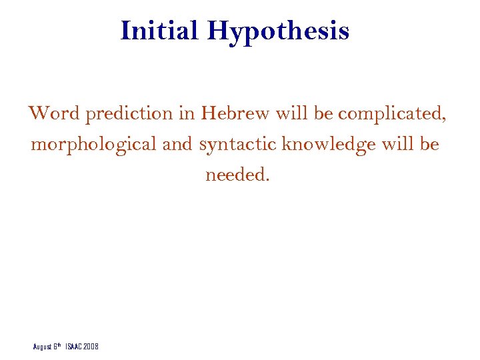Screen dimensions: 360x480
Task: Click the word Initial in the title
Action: tap(161, 31)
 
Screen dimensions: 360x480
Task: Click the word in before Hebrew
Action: tap(187, 113)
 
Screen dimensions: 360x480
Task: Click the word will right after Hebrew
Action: tap(292, 113)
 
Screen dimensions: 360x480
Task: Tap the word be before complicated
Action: tap(323, 113)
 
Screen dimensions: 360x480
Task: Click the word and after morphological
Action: tap(177, 144)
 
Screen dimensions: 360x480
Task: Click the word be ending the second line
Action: tap(430, 144)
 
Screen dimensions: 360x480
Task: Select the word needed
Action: tap(237, 175)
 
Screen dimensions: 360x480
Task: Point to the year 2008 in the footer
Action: tap(91, 347)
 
